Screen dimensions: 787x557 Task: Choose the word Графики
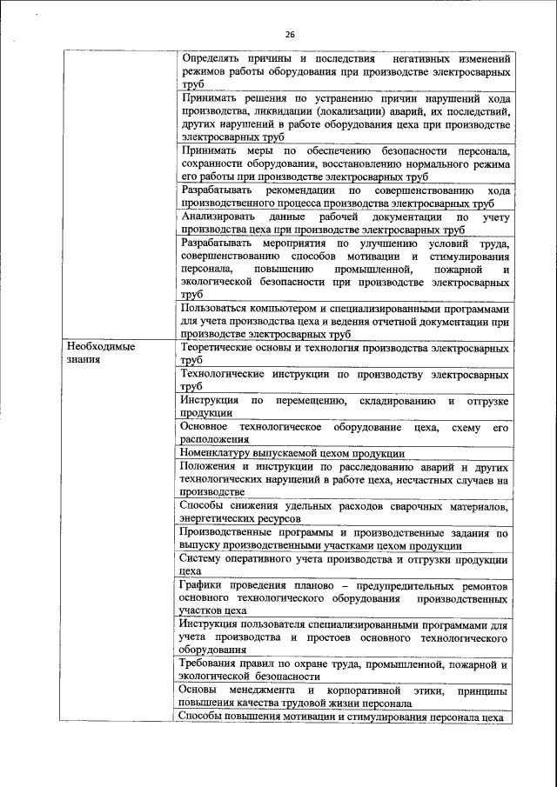pos(199,586)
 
